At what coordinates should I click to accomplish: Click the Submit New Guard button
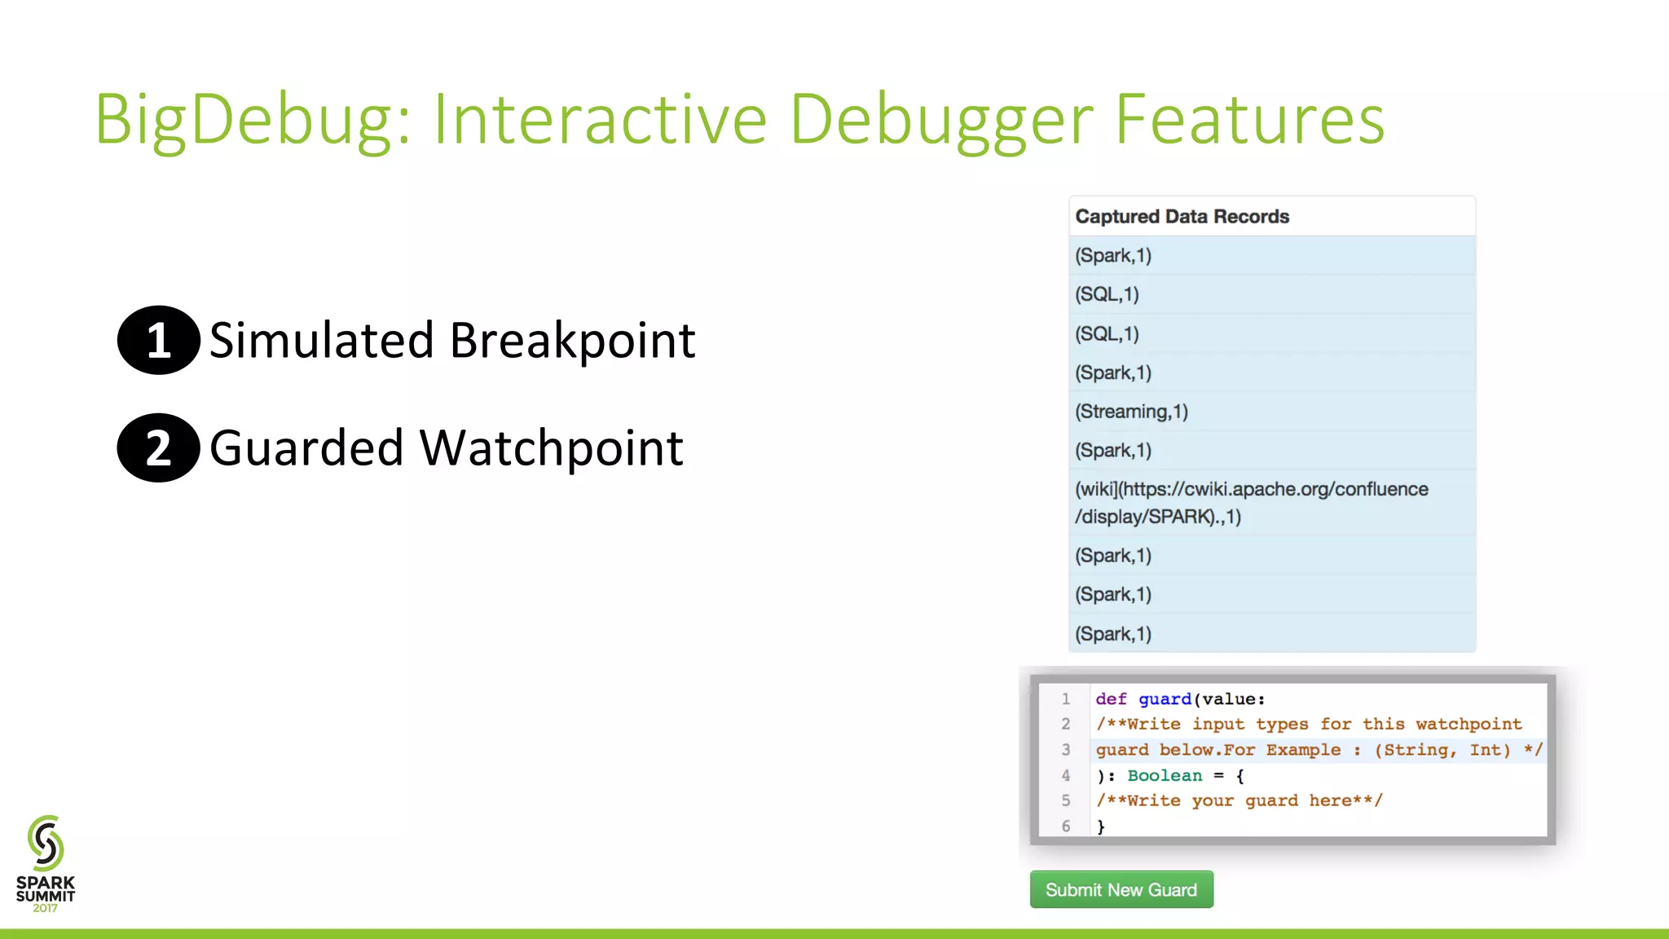[x=1121, y=889]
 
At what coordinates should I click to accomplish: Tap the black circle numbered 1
[x=158, y=340]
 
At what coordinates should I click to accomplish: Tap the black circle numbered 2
[x=158, y=447]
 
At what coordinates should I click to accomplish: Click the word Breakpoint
[x=572, y=340]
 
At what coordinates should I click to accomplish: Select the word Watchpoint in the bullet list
[x=551, y=447]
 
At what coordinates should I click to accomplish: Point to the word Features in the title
[x=1248, y=120]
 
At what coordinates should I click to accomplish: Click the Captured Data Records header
[x=1182, y=217]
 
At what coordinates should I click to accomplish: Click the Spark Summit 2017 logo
[x=46, y=863]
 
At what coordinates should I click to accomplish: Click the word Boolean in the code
[x=1164, y=775]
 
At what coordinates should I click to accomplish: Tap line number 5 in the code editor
[x=1065, y=800]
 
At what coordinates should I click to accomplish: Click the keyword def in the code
[x=1111, y=699]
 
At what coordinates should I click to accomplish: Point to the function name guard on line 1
[x=1165, y=699]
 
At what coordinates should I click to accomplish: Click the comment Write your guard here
[x=1239, y=800]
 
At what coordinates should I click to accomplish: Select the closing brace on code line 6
[x=1101, y=827]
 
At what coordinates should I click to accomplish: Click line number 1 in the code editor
[x=1065, y=699]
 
